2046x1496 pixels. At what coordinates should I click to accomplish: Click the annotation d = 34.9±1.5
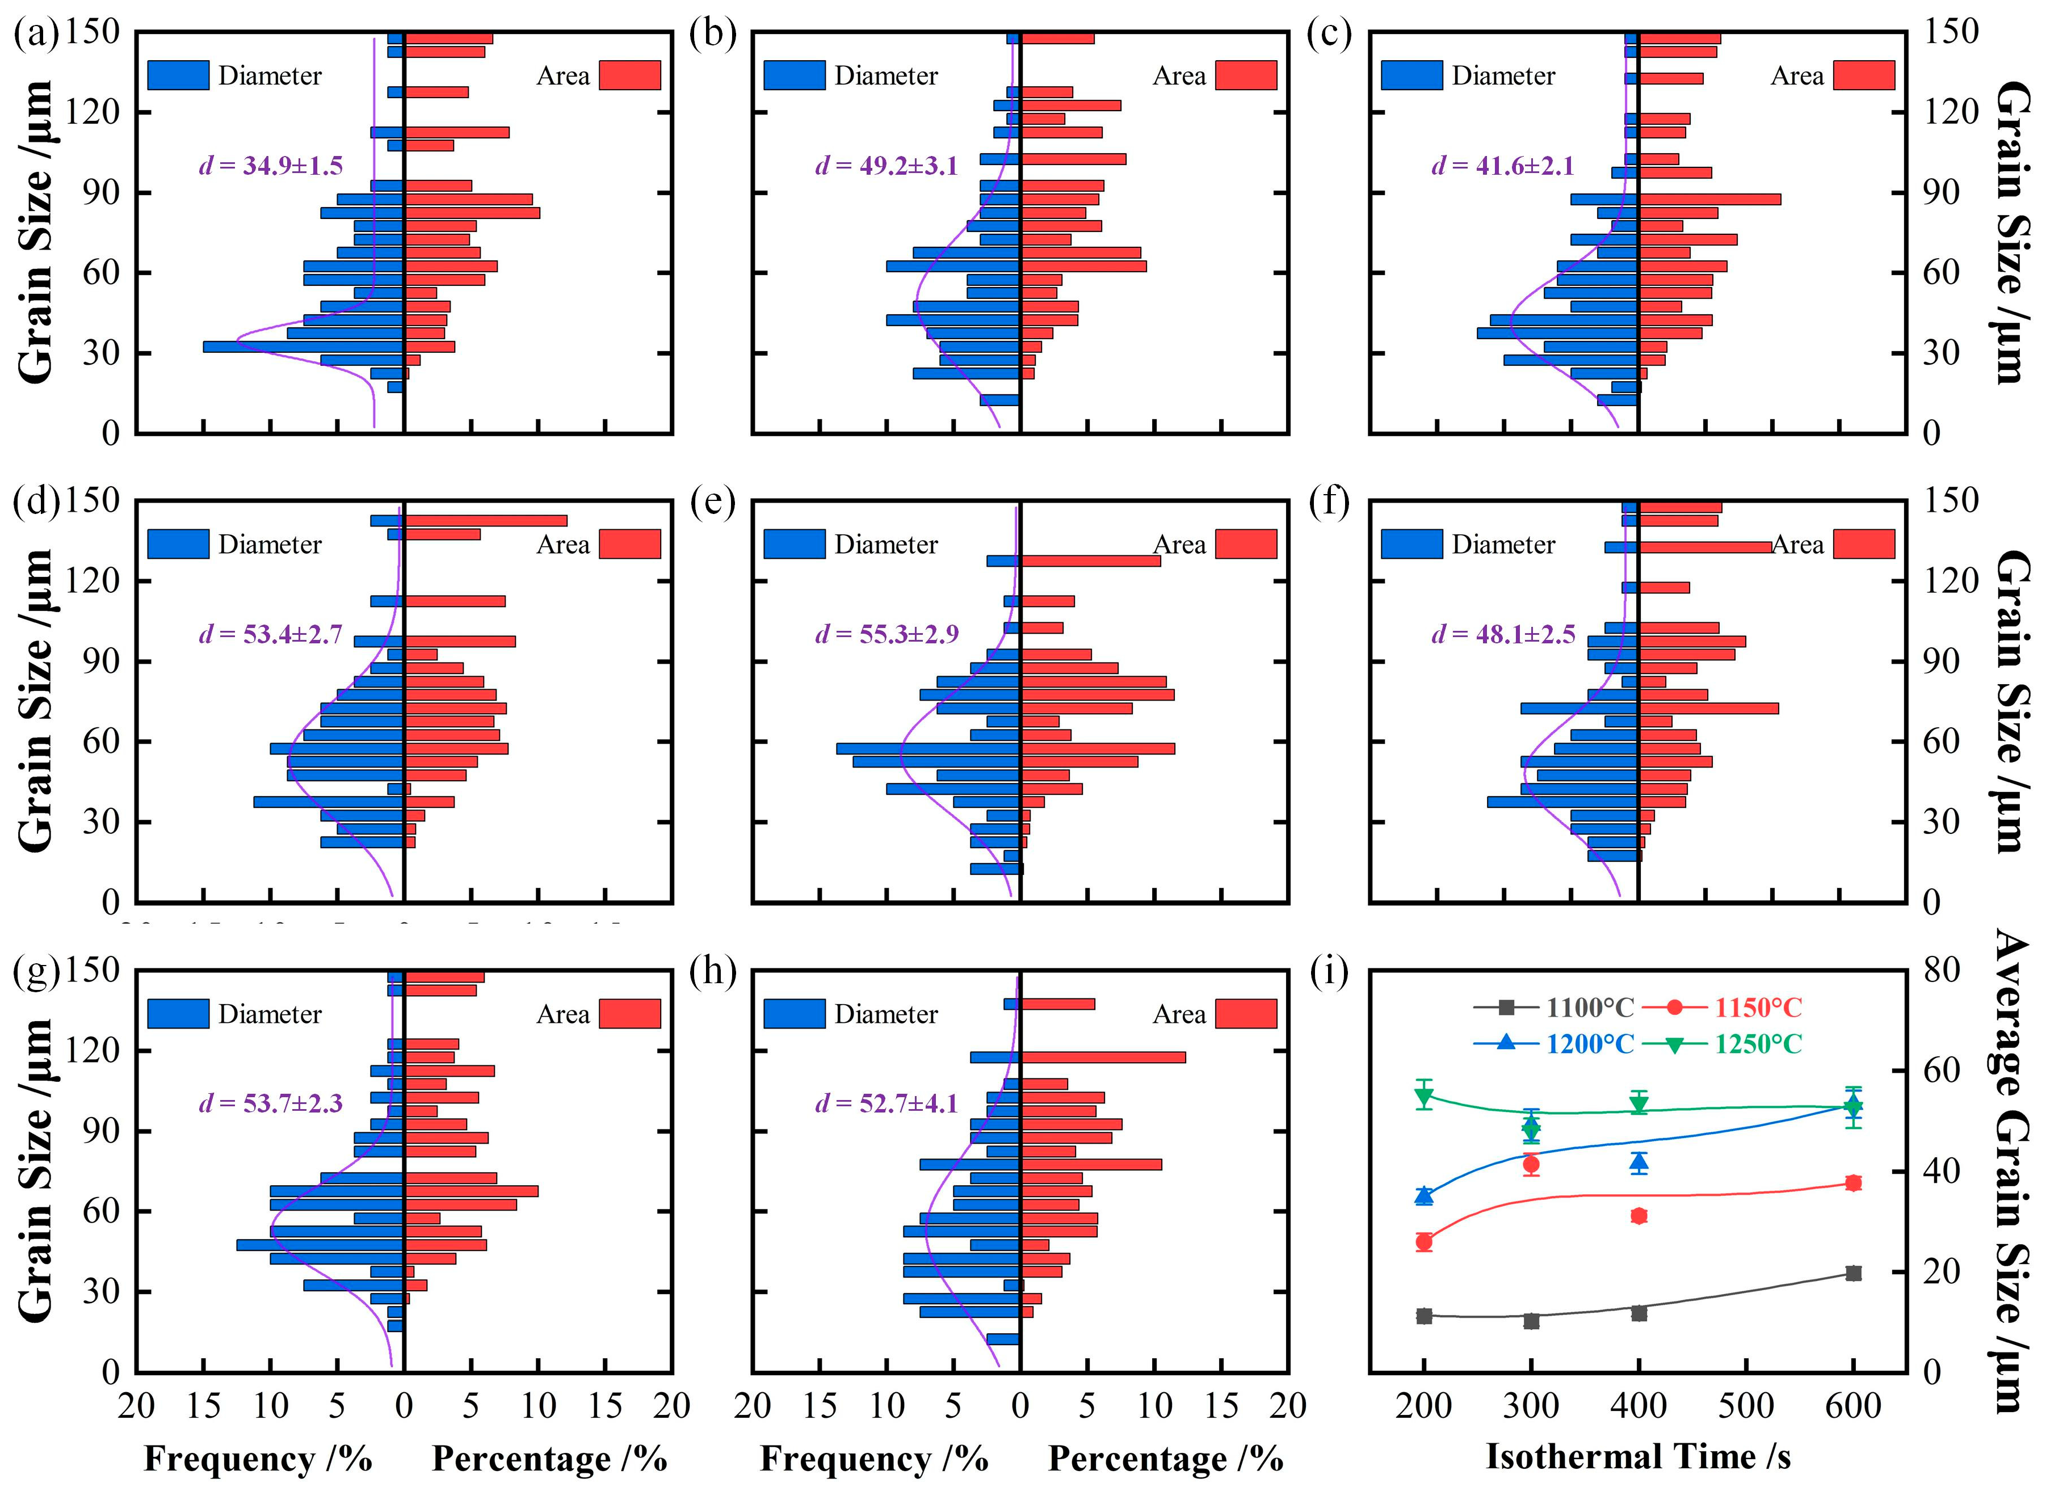point(270,166)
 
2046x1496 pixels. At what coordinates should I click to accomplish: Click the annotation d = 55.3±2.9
point(886,634)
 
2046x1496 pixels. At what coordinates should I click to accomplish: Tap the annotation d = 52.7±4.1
point(886,1103)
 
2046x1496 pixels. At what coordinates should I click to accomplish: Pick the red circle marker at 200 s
point(1424,1241)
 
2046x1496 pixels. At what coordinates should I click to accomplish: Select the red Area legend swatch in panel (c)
point(1864,75)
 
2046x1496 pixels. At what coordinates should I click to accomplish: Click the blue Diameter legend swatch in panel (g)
point(178,1013)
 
